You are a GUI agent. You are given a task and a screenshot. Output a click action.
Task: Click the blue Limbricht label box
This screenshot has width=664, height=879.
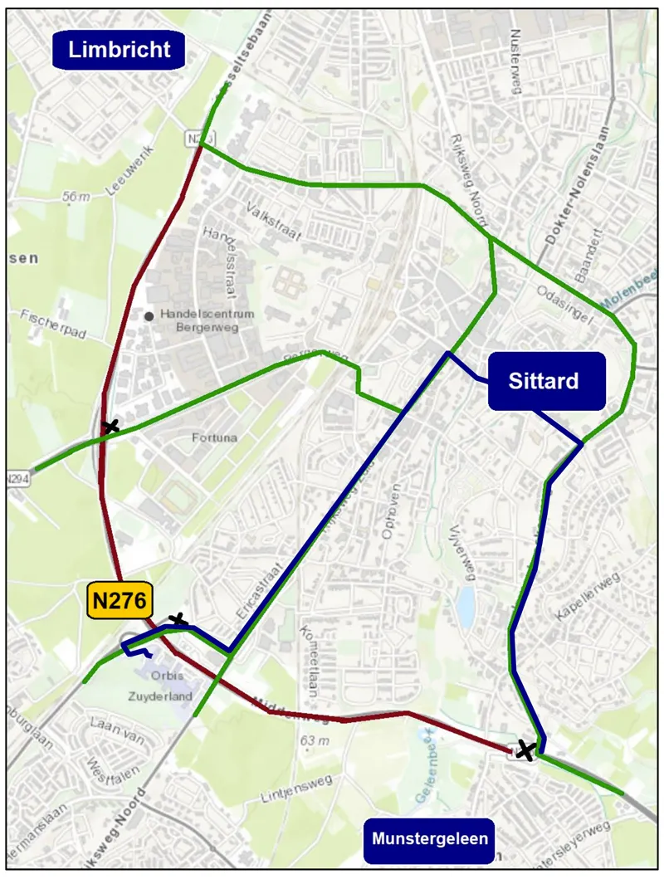click(x=120, y=50)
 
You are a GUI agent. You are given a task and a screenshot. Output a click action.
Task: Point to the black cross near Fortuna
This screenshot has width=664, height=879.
click(x=110, y=427)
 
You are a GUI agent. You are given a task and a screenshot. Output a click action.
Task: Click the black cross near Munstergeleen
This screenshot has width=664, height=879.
click(x=525, y=750)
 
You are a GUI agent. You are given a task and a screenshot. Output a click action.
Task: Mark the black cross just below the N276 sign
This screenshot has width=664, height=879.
click(x=178, y=620)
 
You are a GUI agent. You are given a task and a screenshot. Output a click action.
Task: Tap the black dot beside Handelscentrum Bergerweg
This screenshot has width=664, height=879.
click(x=149, y=315)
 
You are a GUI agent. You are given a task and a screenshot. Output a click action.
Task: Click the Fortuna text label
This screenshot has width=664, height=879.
click(x=213, y=437)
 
